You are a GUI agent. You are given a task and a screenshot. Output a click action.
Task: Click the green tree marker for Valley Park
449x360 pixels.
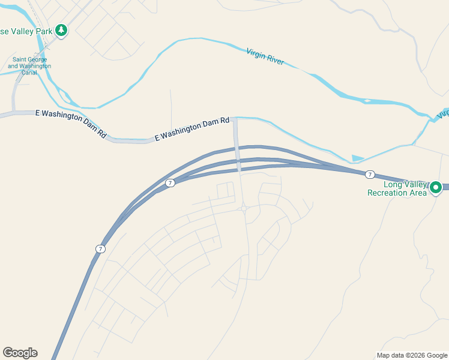[61, 29]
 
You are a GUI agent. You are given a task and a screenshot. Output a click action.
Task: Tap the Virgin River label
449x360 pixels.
[265, 57]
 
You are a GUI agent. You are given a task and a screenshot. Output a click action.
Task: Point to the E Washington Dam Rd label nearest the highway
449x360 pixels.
[191, 130]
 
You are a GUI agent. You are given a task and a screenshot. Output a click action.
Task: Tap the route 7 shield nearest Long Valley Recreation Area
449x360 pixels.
[370, 174]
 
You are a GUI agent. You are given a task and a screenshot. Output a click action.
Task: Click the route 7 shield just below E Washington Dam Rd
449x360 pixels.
[170, 182]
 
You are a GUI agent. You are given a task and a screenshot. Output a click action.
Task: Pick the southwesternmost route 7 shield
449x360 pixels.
[100, 248]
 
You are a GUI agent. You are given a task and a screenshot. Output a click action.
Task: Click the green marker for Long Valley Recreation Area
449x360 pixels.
[436, 188]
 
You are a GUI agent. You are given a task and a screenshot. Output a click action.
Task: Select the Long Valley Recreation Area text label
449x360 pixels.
[397, 188]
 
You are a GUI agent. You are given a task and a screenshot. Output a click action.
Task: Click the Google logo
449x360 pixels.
[20, 353]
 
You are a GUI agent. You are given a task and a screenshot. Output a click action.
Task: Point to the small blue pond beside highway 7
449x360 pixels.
[357, 158]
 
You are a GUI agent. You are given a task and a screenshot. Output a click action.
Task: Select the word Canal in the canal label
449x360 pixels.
[28, 73]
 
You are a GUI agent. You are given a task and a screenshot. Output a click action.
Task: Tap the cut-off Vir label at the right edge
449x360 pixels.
[443, 113]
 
